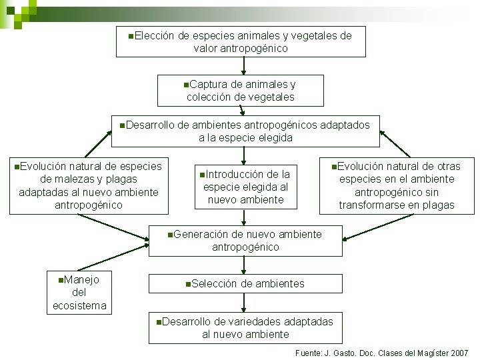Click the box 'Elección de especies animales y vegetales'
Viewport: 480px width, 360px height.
pos(241,41)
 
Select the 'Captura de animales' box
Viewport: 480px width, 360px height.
pos(241,91)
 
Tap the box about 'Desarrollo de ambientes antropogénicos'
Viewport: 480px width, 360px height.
pos(245,131)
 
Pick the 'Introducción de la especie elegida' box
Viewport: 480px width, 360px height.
pos(245,187)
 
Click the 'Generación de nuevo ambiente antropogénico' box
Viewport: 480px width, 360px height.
pos(245,241)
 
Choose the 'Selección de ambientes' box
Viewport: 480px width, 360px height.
pos(245,283)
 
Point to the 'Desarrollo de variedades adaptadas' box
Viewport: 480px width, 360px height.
pos(245,327)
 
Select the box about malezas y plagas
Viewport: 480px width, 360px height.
pos(89,185)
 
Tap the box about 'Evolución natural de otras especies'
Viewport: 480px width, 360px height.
pos(397,185)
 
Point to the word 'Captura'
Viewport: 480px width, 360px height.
pos(207,85)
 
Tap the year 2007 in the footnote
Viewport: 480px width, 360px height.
pos(459,353)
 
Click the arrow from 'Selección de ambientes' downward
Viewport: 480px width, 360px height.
pos(245,303)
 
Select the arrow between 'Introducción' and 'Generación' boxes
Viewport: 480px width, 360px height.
pos(245,218)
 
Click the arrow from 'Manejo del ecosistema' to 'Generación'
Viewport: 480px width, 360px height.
pos(113,257)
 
